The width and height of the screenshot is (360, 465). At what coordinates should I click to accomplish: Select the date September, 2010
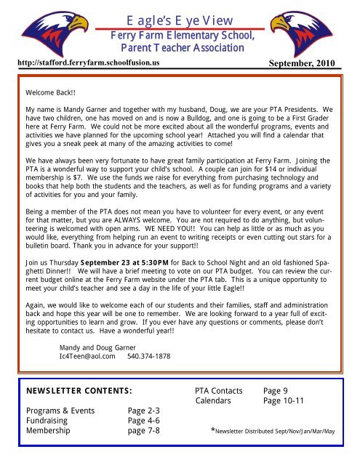(x=300, y=63)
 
